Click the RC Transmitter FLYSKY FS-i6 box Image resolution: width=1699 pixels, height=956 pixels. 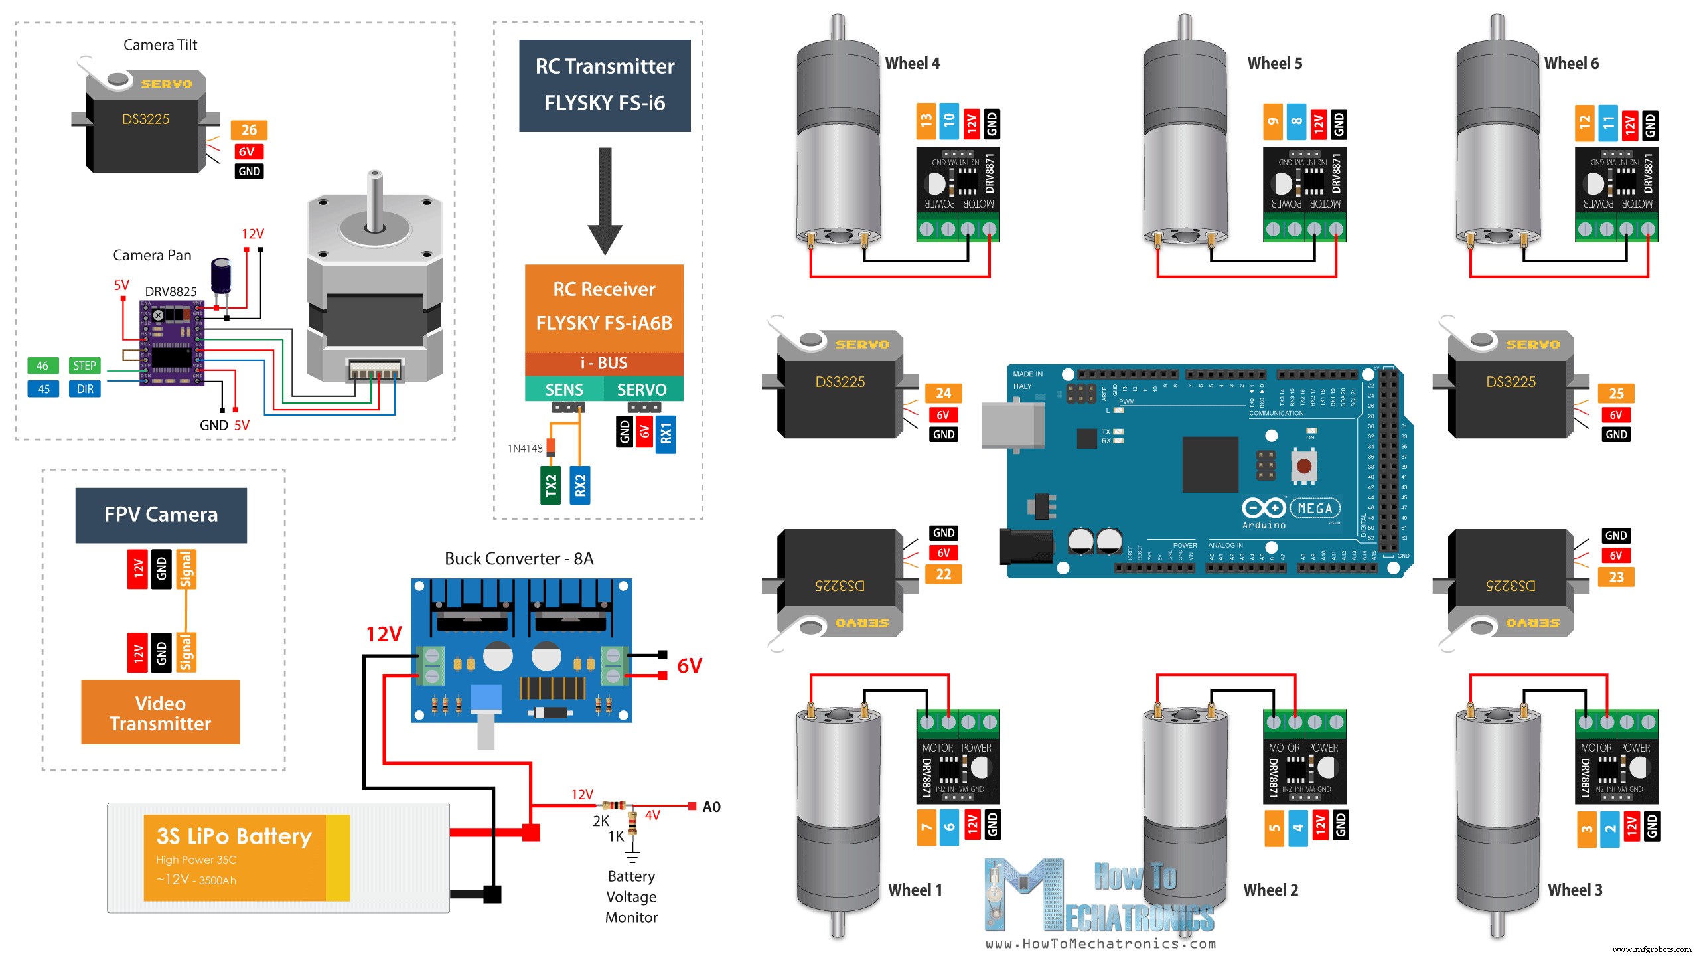605,85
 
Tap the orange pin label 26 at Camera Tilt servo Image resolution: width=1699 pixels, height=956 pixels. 249,130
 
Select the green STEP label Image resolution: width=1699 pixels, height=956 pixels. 84,366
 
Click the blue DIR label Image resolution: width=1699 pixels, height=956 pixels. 84,389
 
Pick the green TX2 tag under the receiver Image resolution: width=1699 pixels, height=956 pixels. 550,485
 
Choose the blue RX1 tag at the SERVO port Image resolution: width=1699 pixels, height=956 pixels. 665,434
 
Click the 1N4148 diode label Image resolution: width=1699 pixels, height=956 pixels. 525,449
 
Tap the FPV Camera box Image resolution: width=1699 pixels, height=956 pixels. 161,515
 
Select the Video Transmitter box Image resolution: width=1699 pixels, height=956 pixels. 160,712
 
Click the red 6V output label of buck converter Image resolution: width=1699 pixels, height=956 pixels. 689,666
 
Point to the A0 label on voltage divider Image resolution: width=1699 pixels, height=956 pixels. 711,807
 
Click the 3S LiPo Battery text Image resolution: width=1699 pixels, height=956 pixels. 234,836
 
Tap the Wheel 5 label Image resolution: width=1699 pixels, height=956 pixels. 1274,64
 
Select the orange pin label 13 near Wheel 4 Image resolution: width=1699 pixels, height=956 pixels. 926,121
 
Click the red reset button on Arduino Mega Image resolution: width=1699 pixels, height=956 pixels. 1303,466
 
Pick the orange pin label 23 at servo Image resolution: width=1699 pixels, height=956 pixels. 1616,577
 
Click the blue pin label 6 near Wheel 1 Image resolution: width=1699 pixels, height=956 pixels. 949,827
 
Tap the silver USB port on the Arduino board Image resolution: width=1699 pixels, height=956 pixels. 1011,425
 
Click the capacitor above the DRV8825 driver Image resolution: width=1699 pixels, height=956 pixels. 221,275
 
